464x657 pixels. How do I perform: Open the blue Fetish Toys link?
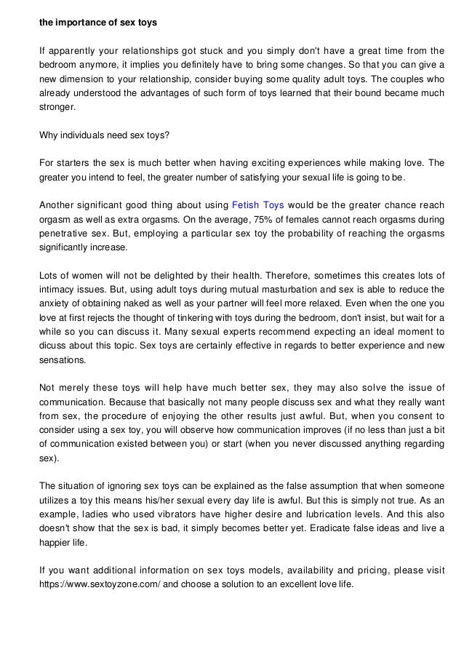pyautogui.click(x=257, y=204)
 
